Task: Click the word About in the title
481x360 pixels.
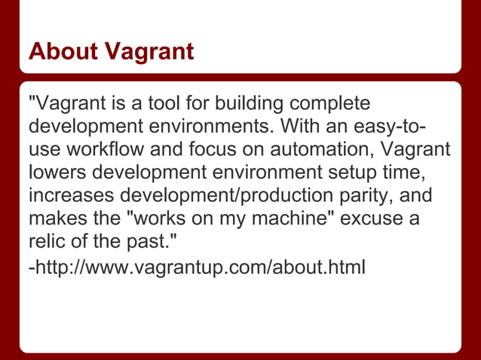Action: [62, 51]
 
